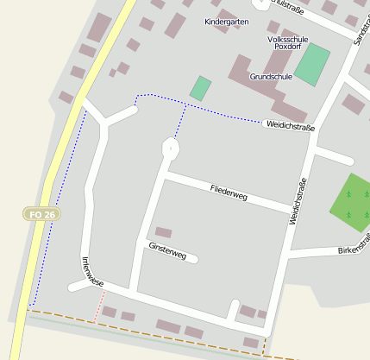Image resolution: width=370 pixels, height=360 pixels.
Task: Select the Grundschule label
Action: click(x=271, y=77)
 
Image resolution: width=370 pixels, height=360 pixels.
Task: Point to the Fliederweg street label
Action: click(x=229, y=192)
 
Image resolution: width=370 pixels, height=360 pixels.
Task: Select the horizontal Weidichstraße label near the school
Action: click(x=290, y=127)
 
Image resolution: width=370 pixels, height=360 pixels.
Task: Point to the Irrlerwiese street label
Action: click(x=92, y=272)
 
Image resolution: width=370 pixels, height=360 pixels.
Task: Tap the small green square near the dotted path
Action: click(x=200, y=88)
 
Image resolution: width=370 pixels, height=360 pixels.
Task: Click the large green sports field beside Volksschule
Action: click(x=312, y=63)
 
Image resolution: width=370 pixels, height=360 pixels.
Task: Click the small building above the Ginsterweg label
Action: click(x=163, y=231)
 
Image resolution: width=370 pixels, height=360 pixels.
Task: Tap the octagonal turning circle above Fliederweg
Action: click(x=171, y=148)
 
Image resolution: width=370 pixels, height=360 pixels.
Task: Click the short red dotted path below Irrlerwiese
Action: click(x=101, y=301)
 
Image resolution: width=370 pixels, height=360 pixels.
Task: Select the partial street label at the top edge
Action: click(x=286, y=4)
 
